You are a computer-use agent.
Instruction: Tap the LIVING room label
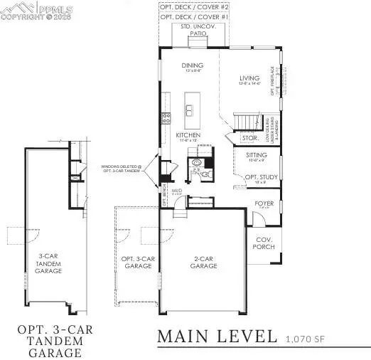click(249, 79)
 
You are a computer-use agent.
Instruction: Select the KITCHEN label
click(188, 134)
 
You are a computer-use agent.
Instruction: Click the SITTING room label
click(256, 154)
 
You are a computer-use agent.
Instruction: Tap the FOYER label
click(264, 203)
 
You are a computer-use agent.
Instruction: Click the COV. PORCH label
click(264, 243)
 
